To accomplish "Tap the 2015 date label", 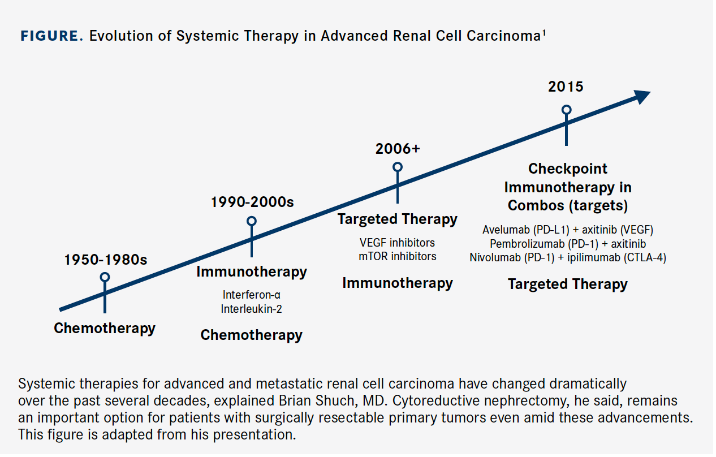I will pyautogui.click(x=566, y=87).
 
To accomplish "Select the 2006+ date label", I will pyautogui.click(x=398, y=149).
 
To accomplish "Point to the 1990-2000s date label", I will pyautogui.click(x=252, y=202).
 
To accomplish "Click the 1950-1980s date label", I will pyautogui.click(x=105, y=260).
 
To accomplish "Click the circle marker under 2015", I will pyautogui.click(x=566, y=110).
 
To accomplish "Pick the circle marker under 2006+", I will pyautogui.click(x=398, y=167).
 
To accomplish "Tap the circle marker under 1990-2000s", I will pyautogui.click(x=252, y=221).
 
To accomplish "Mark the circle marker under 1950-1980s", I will pyautogui.click(x=105, y=277).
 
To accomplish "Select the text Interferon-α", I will pyautogui.click(x=251, y=295).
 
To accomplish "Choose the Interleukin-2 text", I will pyautogui.click(x=251, y=309).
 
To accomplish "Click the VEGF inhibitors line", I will pyautogui.click(x=398, y=243).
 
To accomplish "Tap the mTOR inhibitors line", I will pyautogui.click(x=398, y=256).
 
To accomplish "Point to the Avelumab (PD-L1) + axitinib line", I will pyautogui.click(x=567, y=230).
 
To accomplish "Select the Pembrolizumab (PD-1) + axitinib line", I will pyautogui.click(x=567, y=244).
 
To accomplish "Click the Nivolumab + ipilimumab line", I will pyautogui.click(x=567, y=258).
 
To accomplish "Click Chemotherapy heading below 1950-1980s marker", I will pyautogui.click(x=105, y=328).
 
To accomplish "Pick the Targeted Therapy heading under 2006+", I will pyautogui.click(x=398, y=219).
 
